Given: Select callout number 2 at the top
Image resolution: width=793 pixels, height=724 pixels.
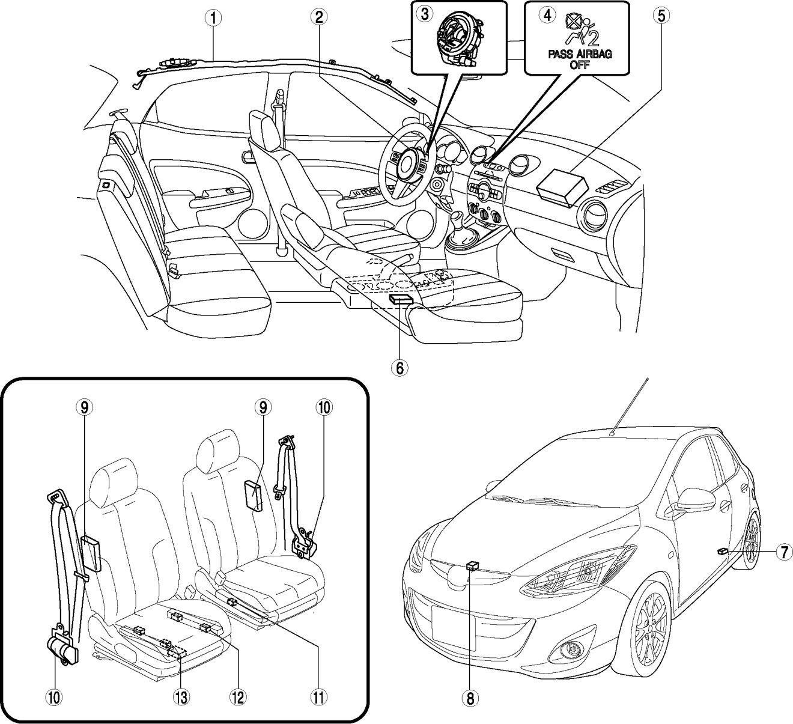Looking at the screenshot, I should pos(320,17).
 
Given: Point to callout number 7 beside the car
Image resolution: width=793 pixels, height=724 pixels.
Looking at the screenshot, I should pos(782,552).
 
